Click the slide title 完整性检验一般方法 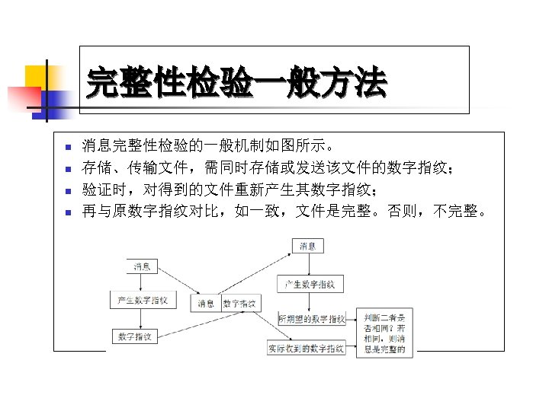(236, 82)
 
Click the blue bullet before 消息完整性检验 (67, 147)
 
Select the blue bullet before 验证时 (67, 190)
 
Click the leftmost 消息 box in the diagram (142, 266)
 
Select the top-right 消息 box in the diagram (307, 246)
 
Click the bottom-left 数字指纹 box (134, 336)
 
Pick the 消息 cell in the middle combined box (206, 303)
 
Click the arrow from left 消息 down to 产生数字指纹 (142, 282)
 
